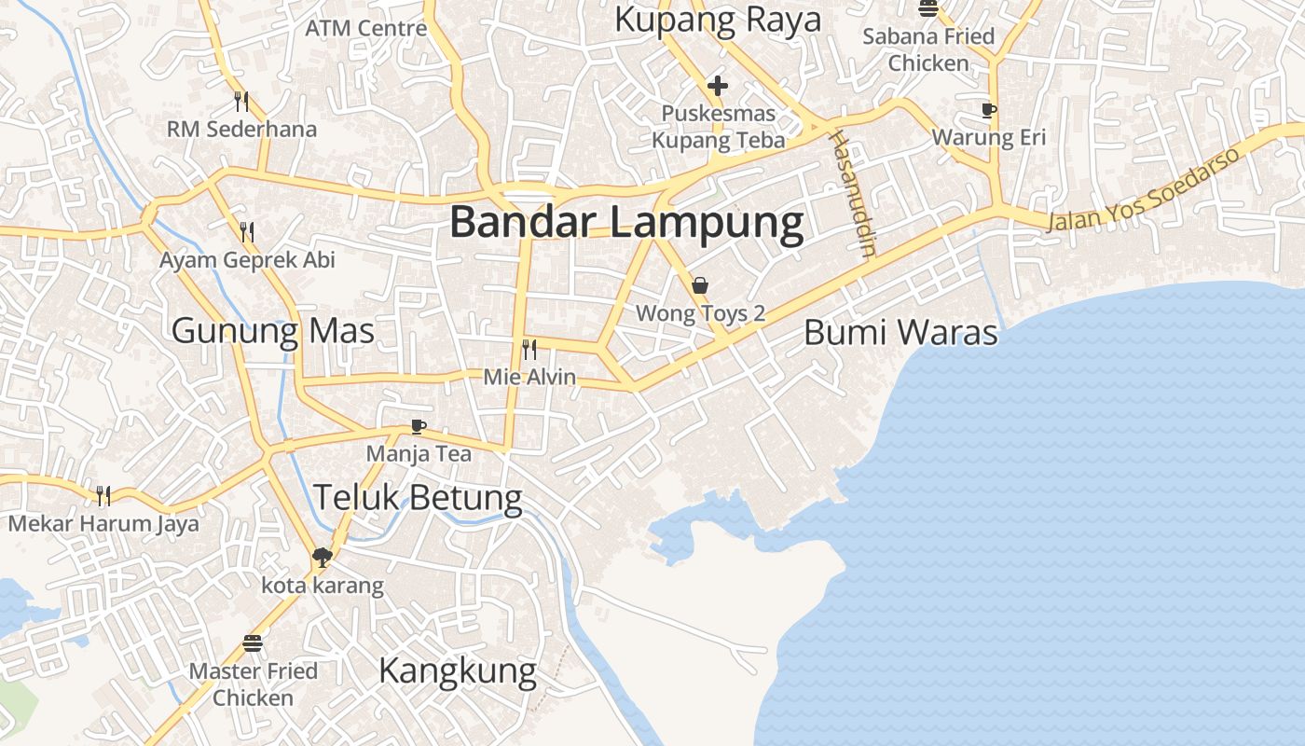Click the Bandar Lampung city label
pyautogui.click(x=626, y=224)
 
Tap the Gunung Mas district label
pyautogui.click(x=273, y=331)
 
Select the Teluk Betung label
pyautogui.click(x=418, y=497)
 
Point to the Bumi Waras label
pyautogui.click(x=900, y=333)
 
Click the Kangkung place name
pyautogui.click(x=458, y=670)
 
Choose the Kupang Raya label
pyautogui.click(x=718, y=20)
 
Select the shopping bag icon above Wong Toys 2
pyautogui.click(x=700, y=285)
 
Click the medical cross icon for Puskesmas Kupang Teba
pyautogui.click(x=717, y=87)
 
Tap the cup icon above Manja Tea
pyautogui.click(x=419, y=427)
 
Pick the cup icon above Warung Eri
pyautogui.click(x=989, y=110)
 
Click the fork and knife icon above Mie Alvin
pyautogui.click(x=529, y=350)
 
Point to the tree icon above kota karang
pyautogui.click(x=323, y=558)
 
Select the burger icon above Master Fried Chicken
pyautogui.click(x=253, y=643)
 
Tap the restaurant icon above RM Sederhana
pyautogui.click(x=241, y=101)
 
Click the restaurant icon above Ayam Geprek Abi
pyautogui.click(x=247, y=231)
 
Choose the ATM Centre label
pyautogui.click(x=366, y=28)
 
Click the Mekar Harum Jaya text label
pyautogui.click(x=103, y=523)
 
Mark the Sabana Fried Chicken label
pyautogui.click(x=928, y=49)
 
